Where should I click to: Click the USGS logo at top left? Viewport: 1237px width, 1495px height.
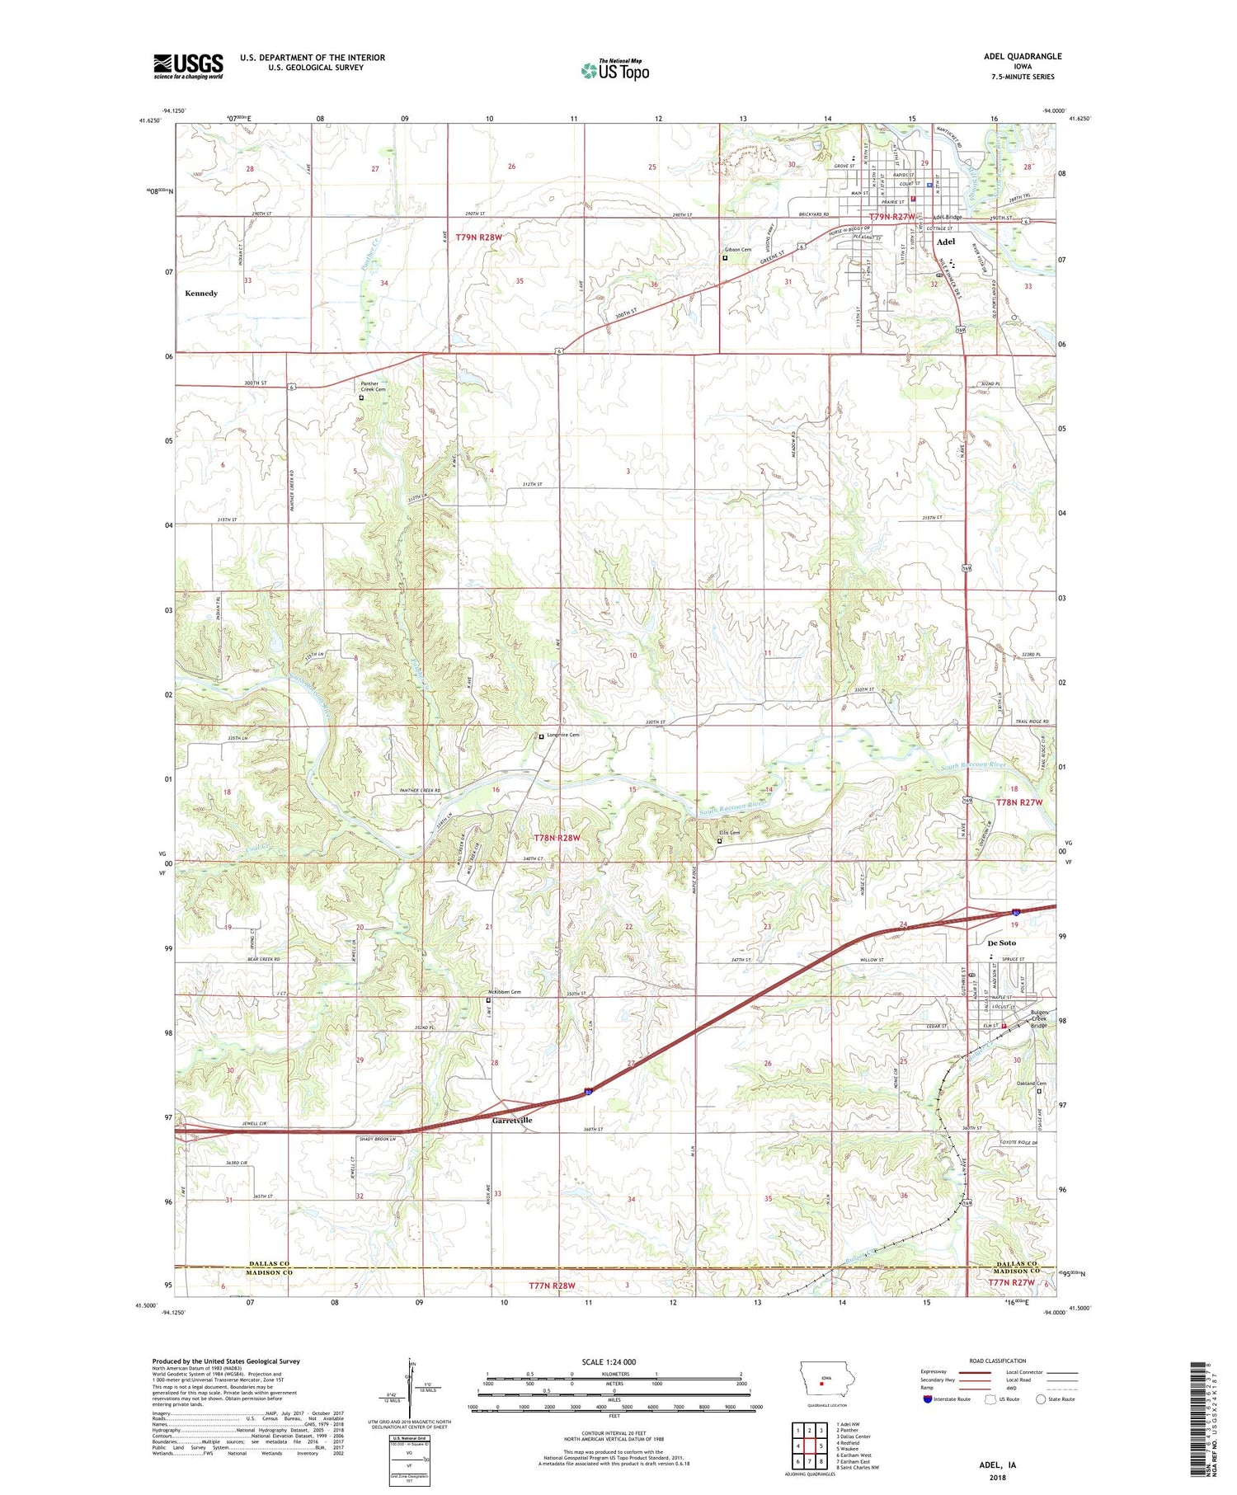tap(188, 66)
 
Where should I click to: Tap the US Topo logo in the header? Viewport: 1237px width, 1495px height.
tap(614, 70)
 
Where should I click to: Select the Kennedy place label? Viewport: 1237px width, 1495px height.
tap(201, 294)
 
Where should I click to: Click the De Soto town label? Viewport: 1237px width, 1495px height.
tap(1001, 943)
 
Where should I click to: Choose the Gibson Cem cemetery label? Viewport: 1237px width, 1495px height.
tap(738, 250)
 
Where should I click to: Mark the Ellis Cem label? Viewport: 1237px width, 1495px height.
tap(729, 833)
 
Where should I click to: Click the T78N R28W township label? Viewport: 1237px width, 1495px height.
tap(557, 838)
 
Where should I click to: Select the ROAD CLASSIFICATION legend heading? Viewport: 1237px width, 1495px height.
tap(998, 1361)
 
